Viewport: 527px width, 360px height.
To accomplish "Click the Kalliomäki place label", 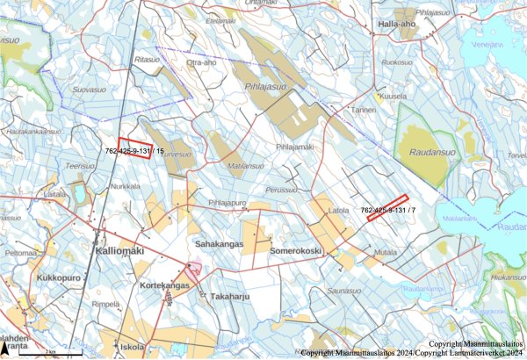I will click(117, 252).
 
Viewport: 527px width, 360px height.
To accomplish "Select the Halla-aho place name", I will click(396, 24).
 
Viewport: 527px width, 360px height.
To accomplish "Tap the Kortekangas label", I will click(163, 286).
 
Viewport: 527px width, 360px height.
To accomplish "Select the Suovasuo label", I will click(88, 90).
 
